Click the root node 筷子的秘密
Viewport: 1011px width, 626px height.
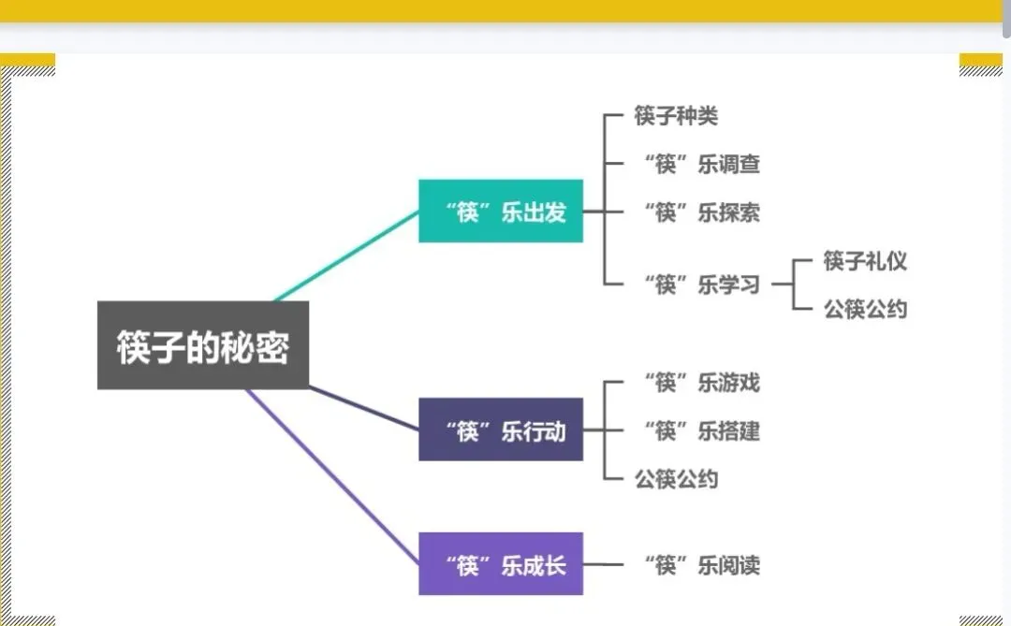[x=203, y=345]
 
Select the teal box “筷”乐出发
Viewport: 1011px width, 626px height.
[x=501, y=211]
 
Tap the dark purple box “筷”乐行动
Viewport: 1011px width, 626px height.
[x=501, y=430]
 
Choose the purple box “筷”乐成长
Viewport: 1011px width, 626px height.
[x=501, y=564]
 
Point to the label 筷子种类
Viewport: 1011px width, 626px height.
[x=676, y=116]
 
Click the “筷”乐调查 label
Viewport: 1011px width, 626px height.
[x=702, y=165]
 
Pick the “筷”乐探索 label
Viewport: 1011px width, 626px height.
[x=702, y=212]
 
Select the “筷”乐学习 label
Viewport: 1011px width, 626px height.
[x=702, y=284]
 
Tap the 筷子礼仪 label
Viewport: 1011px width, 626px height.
[x=865, y=260]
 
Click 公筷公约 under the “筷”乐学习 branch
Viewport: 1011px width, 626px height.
[x=865, y=309]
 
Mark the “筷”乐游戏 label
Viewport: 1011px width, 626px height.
[x=702, y=382]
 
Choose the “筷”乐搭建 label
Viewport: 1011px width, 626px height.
[x=702, y=430]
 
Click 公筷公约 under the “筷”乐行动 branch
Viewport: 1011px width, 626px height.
[x=676, y=479]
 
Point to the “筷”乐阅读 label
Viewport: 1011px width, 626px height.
[x=702, y=565]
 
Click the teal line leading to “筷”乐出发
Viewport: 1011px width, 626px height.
[x=346, y=255]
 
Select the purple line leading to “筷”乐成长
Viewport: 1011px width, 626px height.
[x=332, y=477]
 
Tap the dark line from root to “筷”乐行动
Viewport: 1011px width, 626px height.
[x=365, y=409]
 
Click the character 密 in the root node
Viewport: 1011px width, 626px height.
[x=272, y=346]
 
